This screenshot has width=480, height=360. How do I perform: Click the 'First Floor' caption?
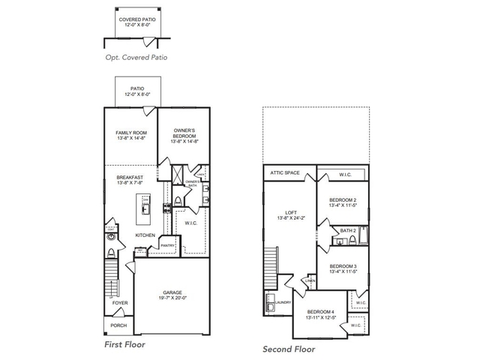(x=124, y=344)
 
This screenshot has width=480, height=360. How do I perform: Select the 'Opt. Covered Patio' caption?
(x=135, y=57)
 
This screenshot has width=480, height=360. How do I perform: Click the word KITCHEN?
(x=145, y=235)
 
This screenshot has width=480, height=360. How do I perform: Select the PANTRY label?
(x=167, y=245)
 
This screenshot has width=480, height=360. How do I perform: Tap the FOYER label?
(x=120, y=304)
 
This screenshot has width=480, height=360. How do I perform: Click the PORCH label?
(x=118, y=325)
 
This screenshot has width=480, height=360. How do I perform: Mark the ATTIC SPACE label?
(x=285, y=173)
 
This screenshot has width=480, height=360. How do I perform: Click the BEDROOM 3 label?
(x=343, y=268)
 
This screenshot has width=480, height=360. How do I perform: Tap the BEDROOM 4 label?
(x=320, y=314)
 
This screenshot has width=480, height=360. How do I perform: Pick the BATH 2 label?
(x=347, y=231)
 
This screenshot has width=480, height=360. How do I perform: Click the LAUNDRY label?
(x=283, y=302)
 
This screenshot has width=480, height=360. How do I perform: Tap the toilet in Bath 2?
(x=337, y=241)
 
